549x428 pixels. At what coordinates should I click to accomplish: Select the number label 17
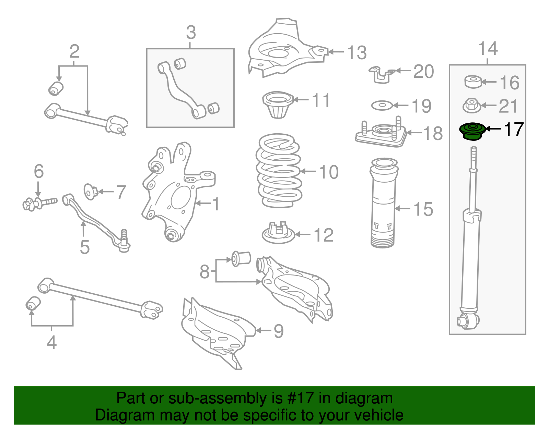[x=513, y=130]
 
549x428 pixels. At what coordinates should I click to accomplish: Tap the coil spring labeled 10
[x=278, y=170]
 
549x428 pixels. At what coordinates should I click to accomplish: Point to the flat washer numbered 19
[x=382, y=105]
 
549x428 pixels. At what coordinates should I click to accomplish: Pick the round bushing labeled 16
[x=473, y=82]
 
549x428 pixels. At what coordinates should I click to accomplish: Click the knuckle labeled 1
[x=173, y=192]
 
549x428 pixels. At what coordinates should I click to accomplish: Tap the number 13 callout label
[x=357, y=53]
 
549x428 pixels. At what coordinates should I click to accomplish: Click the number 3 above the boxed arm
[x=191, y=33]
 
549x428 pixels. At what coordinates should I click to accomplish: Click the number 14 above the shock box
[x=488, y=49]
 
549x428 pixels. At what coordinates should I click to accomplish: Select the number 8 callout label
[x=205, y=272]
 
